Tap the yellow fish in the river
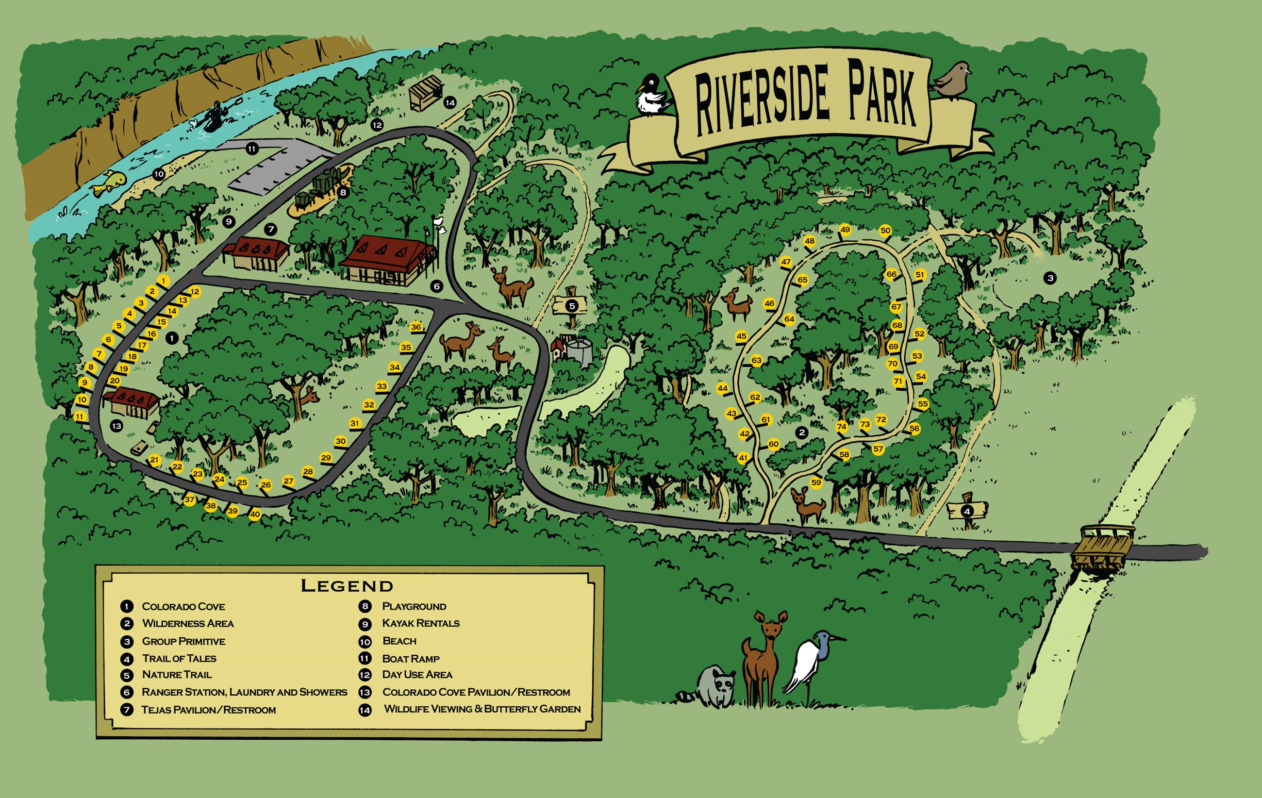click(109, 184)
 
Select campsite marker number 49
click(845, 230)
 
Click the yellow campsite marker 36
click(416, 327)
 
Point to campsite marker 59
click(816, 482)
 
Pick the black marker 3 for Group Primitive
click(1049, 278)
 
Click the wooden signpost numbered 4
click(967, 509)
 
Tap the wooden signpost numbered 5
click(572, 305)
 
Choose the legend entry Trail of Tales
click(179, 658)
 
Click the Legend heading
click(347, 585)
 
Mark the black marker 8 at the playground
click(343, 192)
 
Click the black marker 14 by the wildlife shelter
click(449, 103)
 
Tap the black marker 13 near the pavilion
click(116, 426)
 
